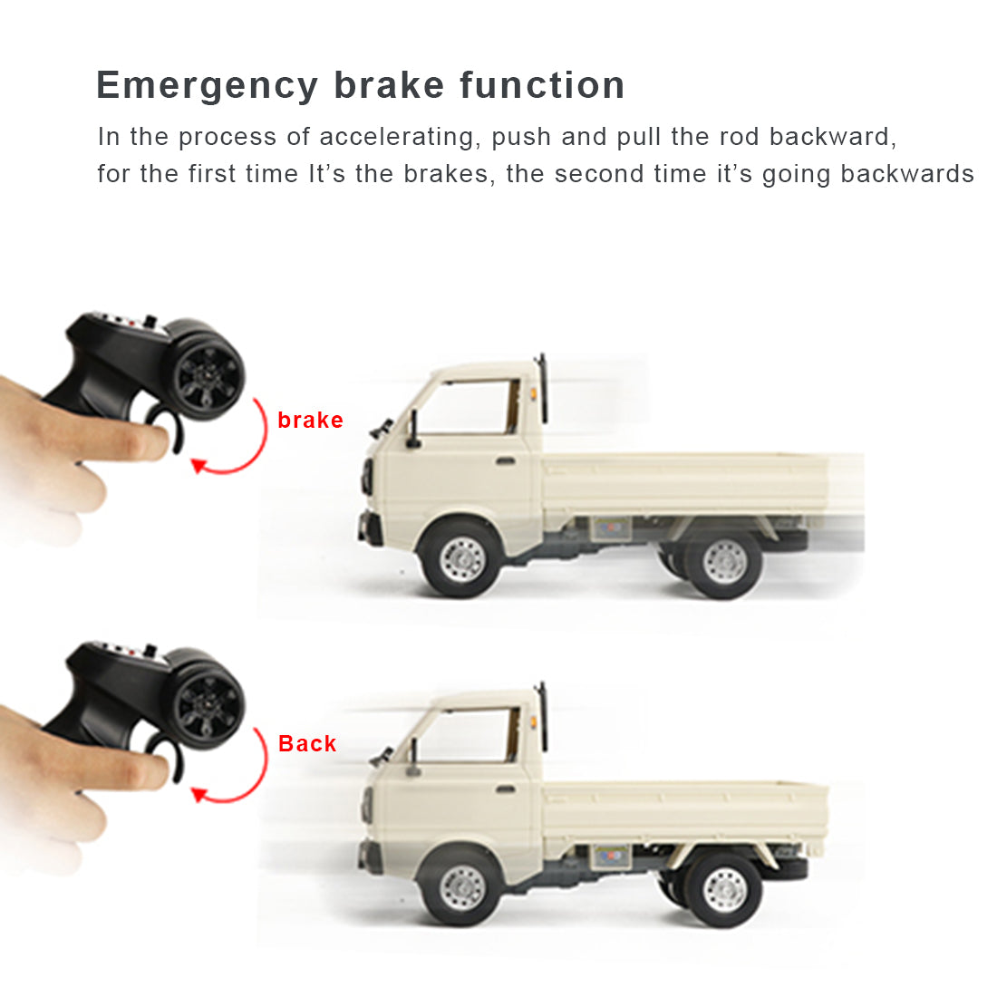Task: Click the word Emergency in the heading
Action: point(208,86)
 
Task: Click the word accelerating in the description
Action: point(397,138)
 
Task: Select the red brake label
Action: point(310,421)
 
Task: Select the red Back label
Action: point(307,743)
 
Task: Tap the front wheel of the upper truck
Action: point(461,558)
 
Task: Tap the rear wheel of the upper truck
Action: point(724,562)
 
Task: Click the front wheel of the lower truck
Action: point(461,887)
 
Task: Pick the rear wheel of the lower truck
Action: point(724,890)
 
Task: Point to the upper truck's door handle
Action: point(506,460)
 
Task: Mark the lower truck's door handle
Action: point(506,789)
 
